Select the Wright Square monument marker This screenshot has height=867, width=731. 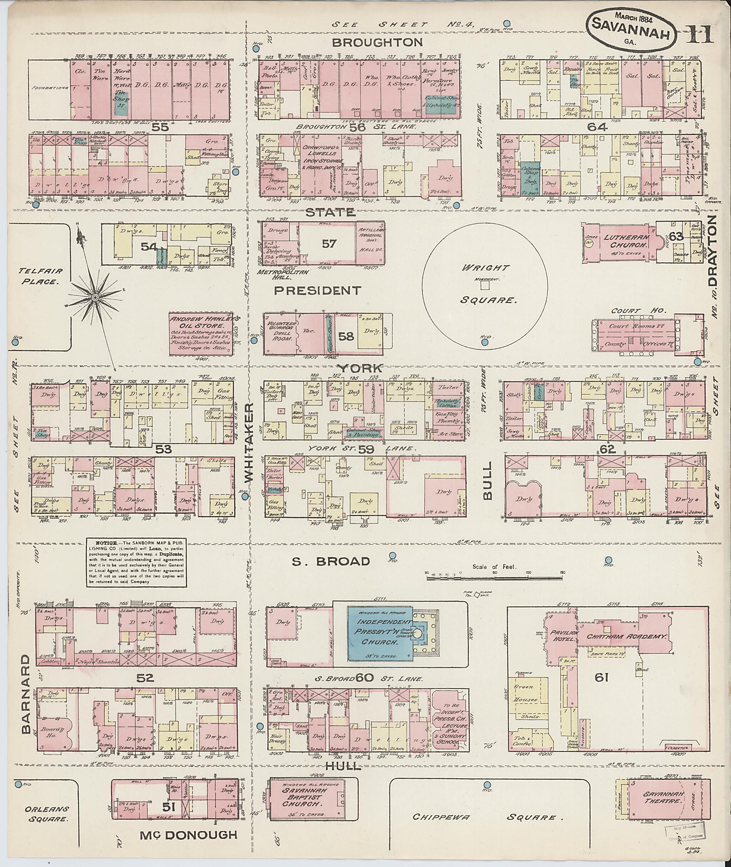pos(485,286)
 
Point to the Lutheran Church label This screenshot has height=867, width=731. pos(620,241)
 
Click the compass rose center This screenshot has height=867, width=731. pos(95,298)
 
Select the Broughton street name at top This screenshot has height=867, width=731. pos(378,42)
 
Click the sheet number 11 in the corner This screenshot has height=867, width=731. pos(699,34)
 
